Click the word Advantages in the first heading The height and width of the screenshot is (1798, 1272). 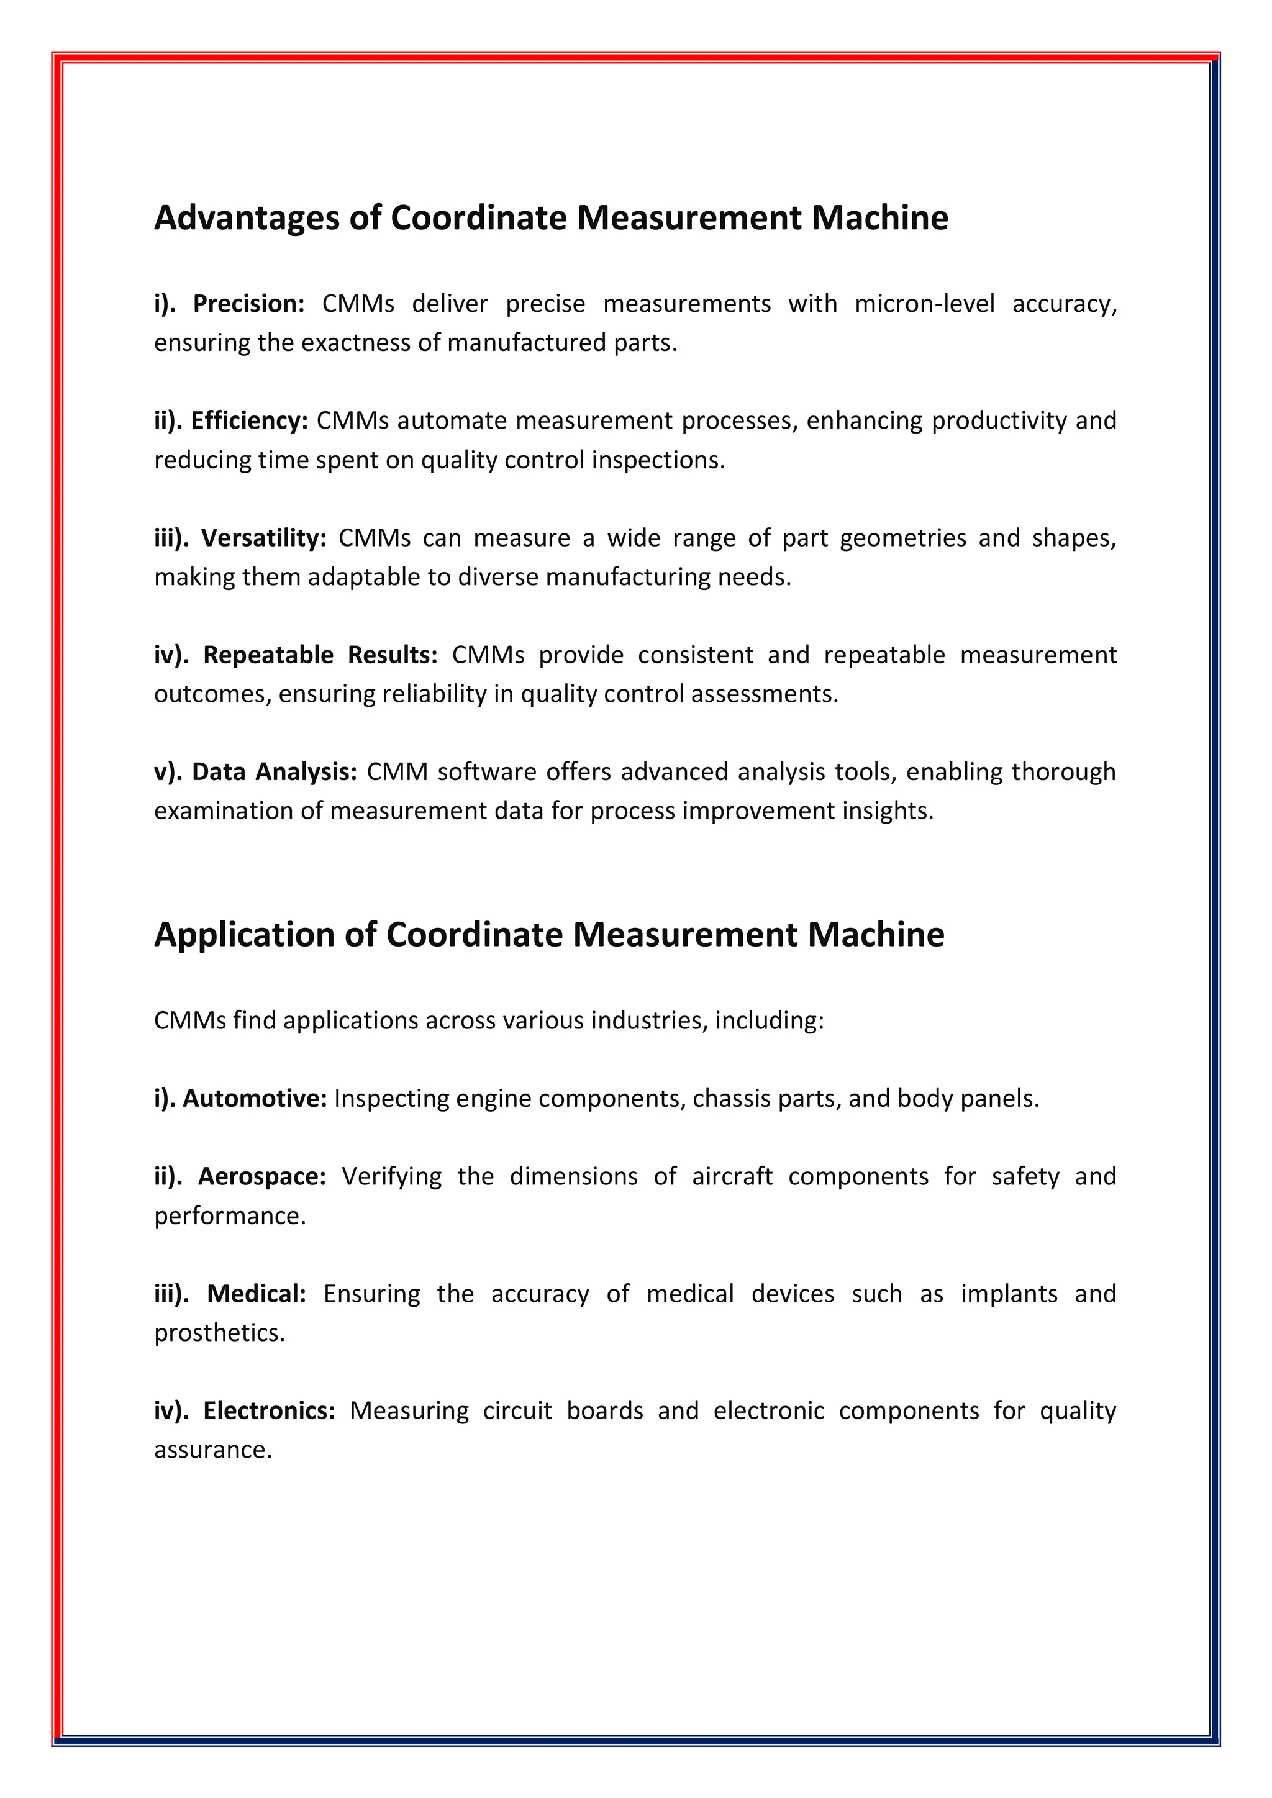click(247, 218)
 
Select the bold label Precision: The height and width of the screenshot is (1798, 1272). click(248, 304)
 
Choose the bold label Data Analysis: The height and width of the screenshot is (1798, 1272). click(274, 772)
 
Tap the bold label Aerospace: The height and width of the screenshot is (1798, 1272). click(261, 1176)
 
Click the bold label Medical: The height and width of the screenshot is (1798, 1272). click(256, 1294)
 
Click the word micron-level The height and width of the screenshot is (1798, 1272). click(924, 304)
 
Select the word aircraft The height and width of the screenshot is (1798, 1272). click(732, 1176)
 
